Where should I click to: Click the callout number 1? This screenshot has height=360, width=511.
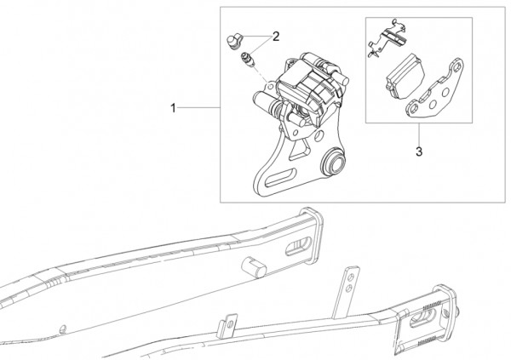click(174, 108)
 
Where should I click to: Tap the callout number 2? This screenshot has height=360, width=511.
click(276, 37)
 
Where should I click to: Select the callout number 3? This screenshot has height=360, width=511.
click(419, 151)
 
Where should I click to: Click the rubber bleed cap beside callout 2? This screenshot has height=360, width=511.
click(233, 42)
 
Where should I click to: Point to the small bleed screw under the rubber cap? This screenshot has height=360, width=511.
click(247, 60)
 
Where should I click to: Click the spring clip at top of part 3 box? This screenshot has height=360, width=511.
click(388, 38)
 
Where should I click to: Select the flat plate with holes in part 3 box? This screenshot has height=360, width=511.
click(434, 89)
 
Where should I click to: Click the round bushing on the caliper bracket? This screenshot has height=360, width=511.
click(332, 162)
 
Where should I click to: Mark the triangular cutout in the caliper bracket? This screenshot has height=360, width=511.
click(299, 150)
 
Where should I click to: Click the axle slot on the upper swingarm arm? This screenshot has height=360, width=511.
click(298, 246)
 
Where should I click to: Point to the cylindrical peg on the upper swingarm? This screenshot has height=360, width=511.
click(253, 266)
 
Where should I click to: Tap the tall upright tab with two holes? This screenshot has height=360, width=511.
click(346, 293)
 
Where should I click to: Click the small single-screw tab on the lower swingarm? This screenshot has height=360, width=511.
click(227, 327)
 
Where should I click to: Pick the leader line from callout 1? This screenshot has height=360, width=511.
click(198, 107)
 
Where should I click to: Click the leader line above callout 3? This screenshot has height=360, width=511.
click(419, 134)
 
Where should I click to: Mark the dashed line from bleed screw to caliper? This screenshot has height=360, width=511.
click(260, 74)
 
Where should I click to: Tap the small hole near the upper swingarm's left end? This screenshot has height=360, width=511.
click(63, 329)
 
